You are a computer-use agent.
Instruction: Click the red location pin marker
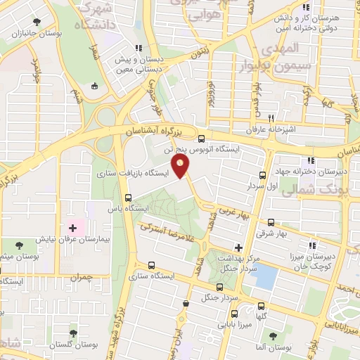181,167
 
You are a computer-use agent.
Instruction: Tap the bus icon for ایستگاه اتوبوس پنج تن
202,138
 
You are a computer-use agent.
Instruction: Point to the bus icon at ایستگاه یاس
128,198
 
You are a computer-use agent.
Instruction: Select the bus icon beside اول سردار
262,175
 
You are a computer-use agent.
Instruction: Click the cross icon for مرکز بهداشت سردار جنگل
238,247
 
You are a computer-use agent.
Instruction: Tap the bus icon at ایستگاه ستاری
152,265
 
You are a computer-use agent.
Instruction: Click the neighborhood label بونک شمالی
324,190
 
